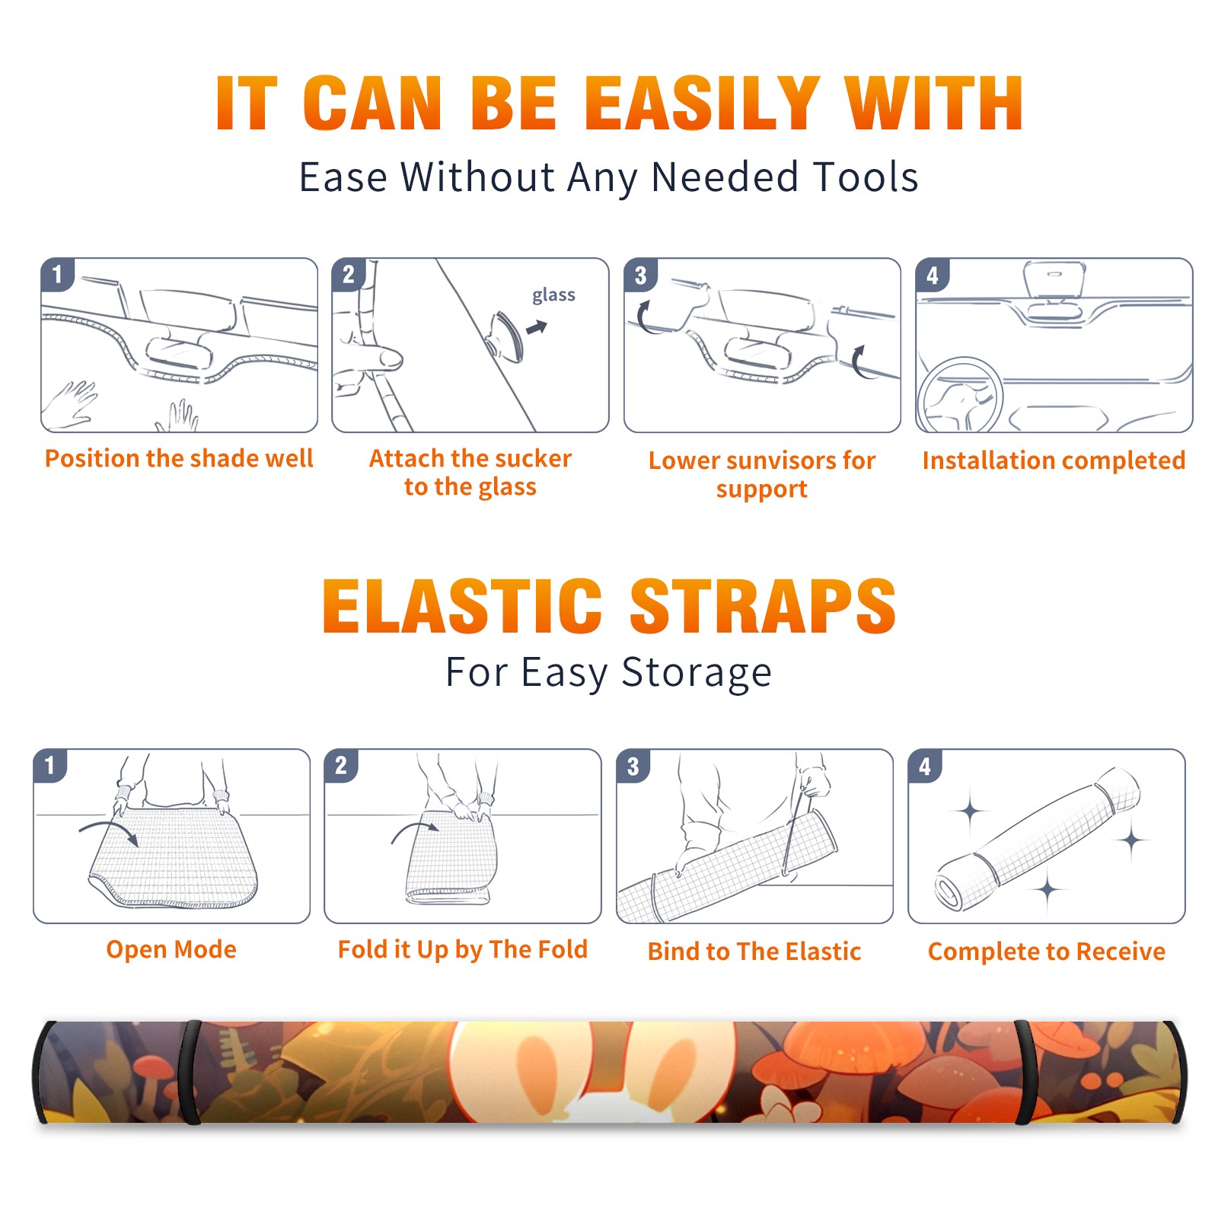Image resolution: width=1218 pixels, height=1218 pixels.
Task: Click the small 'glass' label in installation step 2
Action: point(553,295)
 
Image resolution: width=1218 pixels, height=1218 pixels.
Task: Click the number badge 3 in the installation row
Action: point(639,275)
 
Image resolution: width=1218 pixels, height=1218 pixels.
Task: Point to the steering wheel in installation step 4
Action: point(960,396)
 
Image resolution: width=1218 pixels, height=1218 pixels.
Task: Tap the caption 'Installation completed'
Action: point(1054,460)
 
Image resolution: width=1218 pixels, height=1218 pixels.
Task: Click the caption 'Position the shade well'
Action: point(179,458)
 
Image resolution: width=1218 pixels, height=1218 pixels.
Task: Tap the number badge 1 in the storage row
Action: point(50,765)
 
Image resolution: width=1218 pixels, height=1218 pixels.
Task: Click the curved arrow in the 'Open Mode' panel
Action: point(109,831)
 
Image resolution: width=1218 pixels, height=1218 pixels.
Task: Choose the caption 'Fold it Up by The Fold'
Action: point(463,949)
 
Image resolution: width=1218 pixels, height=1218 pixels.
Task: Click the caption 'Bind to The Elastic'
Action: point(754,952)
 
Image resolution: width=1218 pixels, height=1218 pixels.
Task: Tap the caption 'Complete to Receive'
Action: point(1047,952)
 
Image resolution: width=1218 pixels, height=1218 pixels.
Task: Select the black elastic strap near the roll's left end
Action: point(190,1072)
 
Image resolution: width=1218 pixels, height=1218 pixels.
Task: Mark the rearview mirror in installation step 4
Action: point(1054,279)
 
